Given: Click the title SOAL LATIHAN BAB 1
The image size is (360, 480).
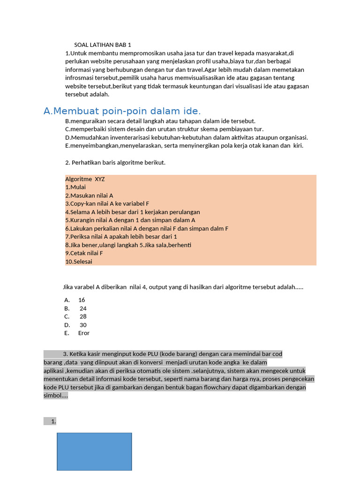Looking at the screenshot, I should click(103, 45).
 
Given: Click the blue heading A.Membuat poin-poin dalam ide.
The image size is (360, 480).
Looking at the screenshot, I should click(122, 111).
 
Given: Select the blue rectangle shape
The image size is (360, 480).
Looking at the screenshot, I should click(94, 451).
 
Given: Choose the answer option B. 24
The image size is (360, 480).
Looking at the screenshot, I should click(76, 308).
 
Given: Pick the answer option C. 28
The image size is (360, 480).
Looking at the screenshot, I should click(76, 316).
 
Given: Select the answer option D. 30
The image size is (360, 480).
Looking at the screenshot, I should click(76, 325).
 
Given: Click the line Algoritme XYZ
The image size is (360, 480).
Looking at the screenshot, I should click(85, 179).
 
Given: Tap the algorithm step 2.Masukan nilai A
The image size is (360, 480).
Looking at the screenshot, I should click(89, 195).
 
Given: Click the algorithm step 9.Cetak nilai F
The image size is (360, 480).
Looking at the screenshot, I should click(84, 253).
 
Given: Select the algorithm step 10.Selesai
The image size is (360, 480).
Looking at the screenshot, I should click(79, 262).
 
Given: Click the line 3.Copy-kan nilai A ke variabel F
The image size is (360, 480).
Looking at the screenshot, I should click(107, 203).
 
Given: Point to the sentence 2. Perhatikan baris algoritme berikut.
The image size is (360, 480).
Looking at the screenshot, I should click(115, 163).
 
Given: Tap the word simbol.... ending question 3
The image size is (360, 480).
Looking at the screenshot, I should click(56, 396).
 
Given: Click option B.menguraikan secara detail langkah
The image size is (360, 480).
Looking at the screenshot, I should click(160, 121).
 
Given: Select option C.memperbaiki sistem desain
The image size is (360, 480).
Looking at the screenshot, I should click(164, 129).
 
